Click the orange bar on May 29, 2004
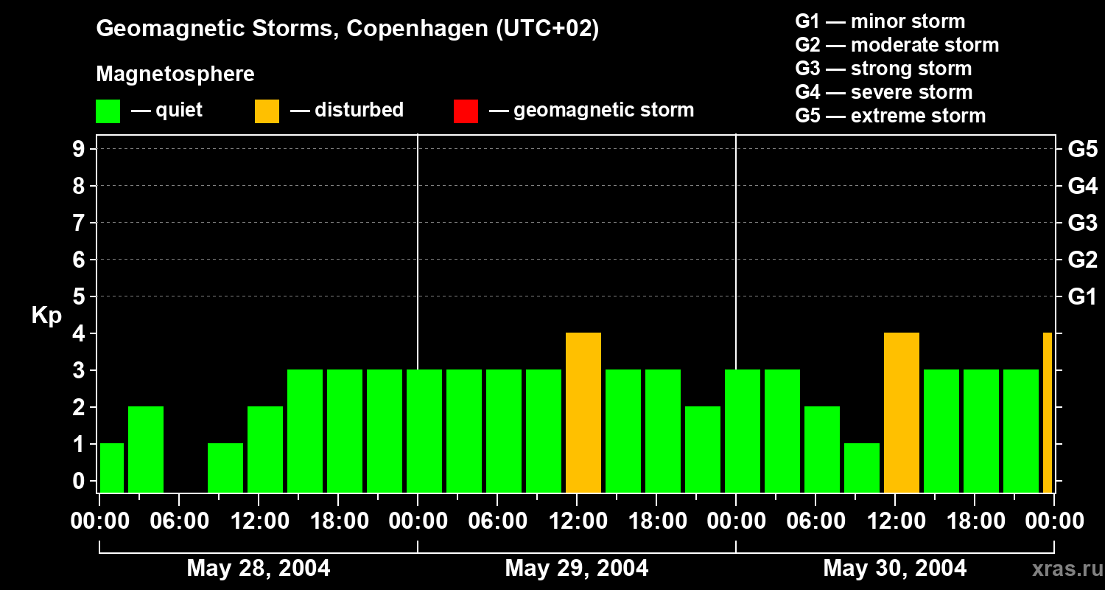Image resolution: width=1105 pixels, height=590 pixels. (x=583, y=412)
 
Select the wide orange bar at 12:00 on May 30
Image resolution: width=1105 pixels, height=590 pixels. (x=902, y=412)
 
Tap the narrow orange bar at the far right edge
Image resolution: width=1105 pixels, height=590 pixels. (x=1048, y=412)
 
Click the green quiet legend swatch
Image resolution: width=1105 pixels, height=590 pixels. (x=108, y=111)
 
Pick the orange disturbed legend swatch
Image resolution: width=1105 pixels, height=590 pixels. (x=267, y=111)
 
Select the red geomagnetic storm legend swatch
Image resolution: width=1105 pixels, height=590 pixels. (x=466, y=111)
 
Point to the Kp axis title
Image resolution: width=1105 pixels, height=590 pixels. (x=46, y=316)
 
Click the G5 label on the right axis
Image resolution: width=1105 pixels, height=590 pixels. (x=1082, y=149)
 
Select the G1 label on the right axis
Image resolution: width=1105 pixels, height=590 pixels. (x=1082, y=296)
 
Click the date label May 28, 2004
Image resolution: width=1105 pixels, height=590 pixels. (x=259, y=569)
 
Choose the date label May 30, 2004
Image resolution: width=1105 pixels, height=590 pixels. (x=894, y=569)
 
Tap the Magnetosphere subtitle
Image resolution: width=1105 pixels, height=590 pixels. (x=175, y=74)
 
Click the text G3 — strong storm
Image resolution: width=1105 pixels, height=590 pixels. (x=883, y=69)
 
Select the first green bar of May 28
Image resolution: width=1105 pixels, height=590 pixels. (x=112, y=468)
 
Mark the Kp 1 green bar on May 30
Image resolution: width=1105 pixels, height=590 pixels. (x=862, y=468)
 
